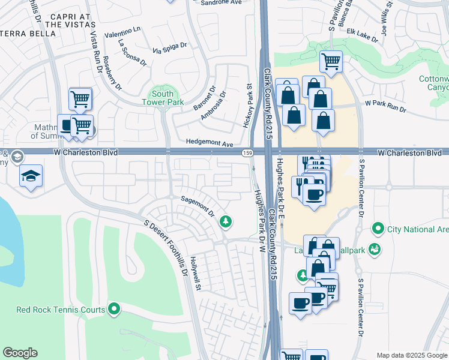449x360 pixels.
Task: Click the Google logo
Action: coord(20,353)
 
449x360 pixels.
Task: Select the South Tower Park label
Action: coord(162,98)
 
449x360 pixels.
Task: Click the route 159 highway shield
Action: coord(247,154)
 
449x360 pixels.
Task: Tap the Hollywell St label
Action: coord(194,275)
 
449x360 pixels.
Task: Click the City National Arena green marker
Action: coord(378,229)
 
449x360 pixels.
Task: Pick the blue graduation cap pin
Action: coord(31,176)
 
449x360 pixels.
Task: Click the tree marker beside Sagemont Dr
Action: coord(226,222)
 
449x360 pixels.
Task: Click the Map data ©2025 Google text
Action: coord(411,355)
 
